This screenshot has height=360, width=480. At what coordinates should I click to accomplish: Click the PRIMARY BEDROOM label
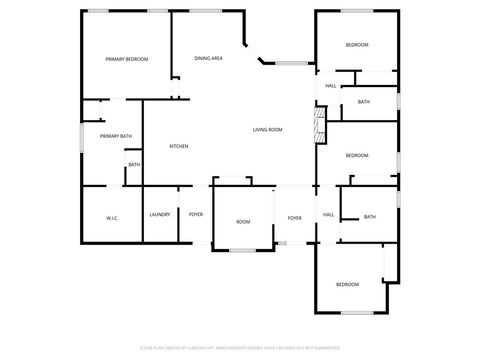[x=127, y=59]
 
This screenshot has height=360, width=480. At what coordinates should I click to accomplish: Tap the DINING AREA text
[x=208, y=59]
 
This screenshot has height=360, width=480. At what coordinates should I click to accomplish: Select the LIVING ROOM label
[x=267, y=129]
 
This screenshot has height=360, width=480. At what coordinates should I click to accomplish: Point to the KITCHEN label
[x=179, y=146]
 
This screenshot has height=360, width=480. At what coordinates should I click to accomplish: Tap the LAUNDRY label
[x=159, y=214]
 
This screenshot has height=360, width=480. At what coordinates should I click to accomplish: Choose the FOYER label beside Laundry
[x=196, y=214]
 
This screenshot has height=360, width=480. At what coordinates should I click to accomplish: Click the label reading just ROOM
[x=243, y=221]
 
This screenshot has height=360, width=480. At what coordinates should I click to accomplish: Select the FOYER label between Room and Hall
[x=295, y=218]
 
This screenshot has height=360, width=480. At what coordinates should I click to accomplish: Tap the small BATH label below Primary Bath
[x=134, y=164]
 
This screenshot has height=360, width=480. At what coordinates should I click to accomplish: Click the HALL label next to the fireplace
[x=329, y=86]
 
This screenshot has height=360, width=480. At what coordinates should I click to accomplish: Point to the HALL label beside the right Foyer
[x=327, y=214]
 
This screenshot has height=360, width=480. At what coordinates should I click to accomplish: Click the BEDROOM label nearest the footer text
[x=347, y=285]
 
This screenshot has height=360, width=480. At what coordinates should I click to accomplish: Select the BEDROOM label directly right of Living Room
[x=357, y=155]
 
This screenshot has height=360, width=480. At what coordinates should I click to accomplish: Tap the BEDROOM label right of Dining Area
[x=357, y=45]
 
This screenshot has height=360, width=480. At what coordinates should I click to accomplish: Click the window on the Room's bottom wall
[x=243, y=248]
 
